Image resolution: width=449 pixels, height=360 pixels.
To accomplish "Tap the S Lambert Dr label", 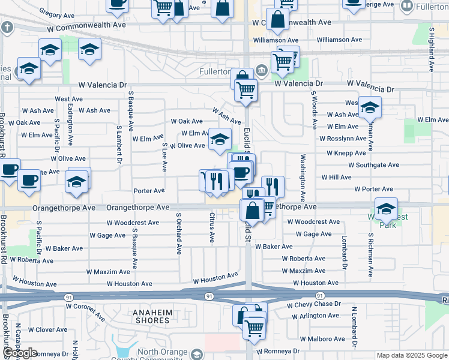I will pyautogui.click(x=119, y=145).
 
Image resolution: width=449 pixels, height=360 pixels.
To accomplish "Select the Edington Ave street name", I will pyautogui.click(x=71, y=124).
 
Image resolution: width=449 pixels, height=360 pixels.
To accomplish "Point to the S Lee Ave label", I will pyautogui.click(x=164, y=157).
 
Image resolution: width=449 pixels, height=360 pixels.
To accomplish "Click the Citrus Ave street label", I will pyautogui.click(x=212, y=227).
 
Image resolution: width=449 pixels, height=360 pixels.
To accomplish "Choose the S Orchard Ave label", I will pyautogui.click(x=178, y=233).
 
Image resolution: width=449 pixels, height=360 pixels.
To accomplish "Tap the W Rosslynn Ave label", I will pyautogui.click(x=342, y=138).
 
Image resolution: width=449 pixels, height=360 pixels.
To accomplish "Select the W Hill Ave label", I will pyautogui.click(x=336, y=178).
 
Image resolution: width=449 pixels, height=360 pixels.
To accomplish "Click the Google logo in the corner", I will pyautogui.click(x=20, y=353).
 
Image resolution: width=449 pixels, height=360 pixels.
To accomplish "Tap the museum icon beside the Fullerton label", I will pyautogui.click(x=262, y=71).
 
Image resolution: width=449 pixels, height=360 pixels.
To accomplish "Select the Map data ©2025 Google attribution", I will pyautogui.click(x=412, y=355).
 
